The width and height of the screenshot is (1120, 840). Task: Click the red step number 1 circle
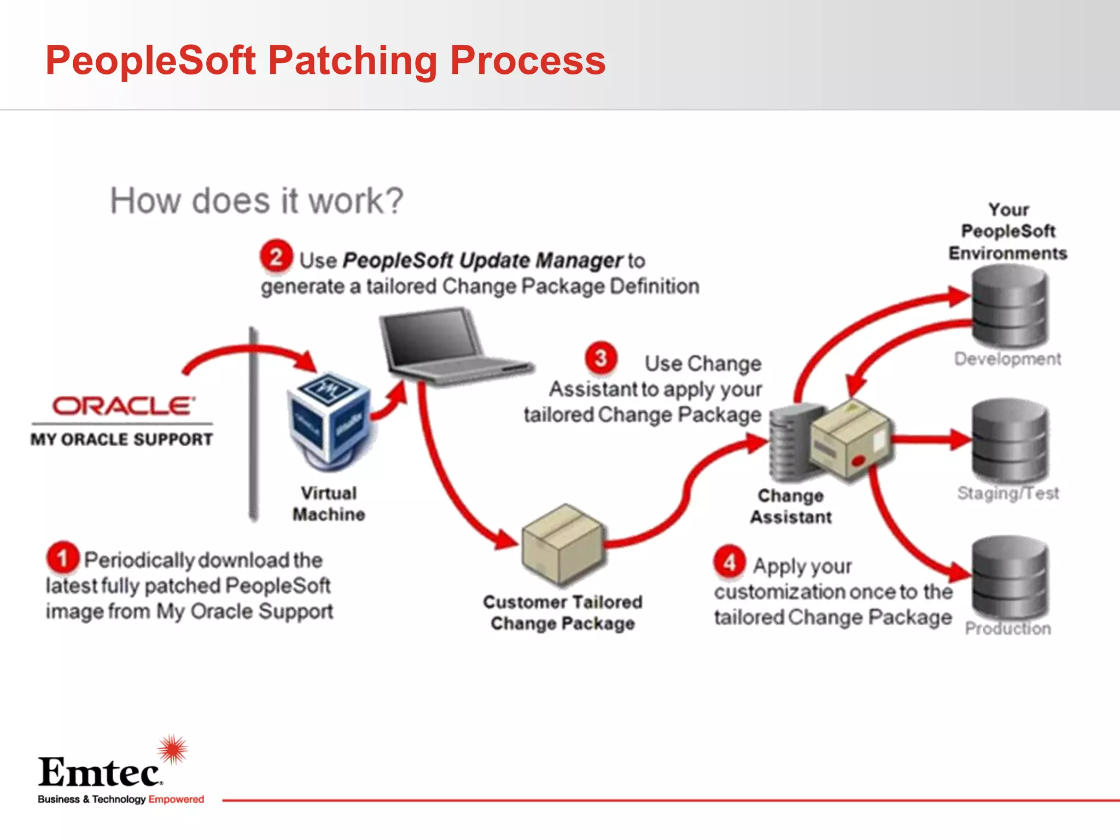click(x=63, y=558)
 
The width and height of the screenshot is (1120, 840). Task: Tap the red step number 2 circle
click(x=276, y=256)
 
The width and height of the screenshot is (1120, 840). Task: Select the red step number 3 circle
click(x=601, y=358)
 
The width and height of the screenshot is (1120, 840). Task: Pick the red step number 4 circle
click(x=730, y=562)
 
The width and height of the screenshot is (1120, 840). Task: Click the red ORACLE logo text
click(x=123, y=406)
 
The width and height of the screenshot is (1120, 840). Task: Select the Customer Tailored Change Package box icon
click(x=562, y=544)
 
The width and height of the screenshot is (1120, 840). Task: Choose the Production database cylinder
click(x=1010, y=577)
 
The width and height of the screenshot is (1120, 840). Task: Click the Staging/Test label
click(x=1007, y=493)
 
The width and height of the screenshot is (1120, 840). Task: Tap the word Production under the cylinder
click(x=1008, y=628)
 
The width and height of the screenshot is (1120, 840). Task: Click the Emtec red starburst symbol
click(x=173, y=749)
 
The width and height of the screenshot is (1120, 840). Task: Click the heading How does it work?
click(x=256, y=201)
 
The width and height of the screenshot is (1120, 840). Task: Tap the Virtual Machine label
click(x=329, y=504)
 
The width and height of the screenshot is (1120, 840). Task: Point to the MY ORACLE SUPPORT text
click(x=121, y=439)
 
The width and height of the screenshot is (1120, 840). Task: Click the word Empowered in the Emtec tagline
click(x=176, y=799)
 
